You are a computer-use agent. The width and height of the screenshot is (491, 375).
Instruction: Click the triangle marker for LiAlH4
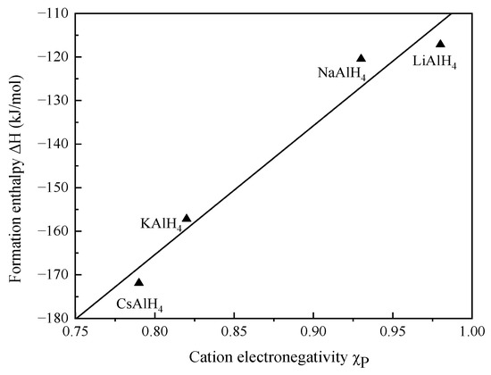[x=440, y=44]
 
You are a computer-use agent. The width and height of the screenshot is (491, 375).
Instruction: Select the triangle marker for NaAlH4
[x=361, y=59]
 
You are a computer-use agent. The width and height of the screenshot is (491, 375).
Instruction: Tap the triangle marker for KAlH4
[x=187, y=218]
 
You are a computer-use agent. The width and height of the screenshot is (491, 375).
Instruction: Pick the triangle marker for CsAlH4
[x=138, y=282]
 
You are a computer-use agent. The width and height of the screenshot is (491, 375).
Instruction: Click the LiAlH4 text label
[x=435, y=62]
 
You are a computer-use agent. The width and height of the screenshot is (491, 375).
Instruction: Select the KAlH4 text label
[x=161, y=225]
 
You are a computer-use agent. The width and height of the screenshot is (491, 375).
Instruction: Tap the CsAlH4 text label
[x=139, y=304]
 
